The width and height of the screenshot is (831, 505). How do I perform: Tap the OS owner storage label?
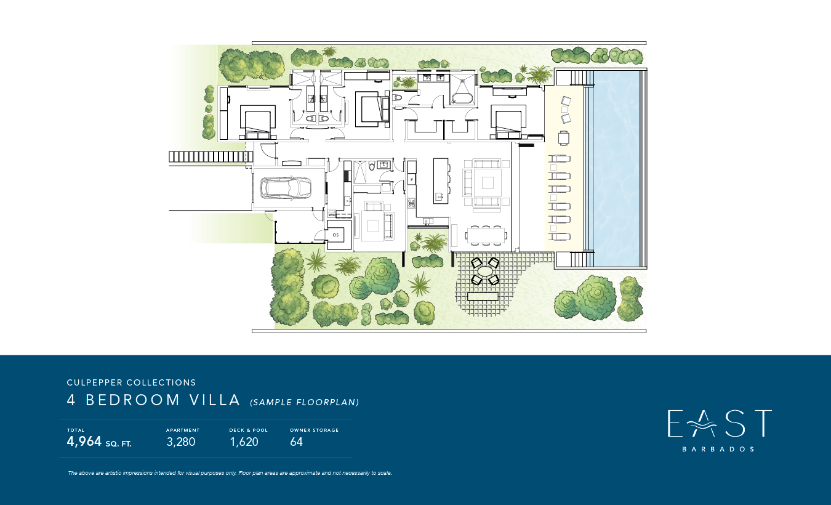tap(335, 235)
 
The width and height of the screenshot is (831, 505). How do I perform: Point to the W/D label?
tap(332, 215)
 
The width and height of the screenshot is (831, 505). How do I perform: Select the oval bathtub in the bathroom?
tap(462, 99)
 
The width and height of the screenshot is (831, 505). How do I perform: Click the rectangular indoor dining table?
tap(485, 235)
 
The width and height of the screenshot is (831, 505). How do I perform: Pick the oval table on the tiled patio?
tap(485, 271)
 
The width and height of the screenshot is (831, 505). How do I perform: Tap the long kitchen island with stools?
tap(441, 180)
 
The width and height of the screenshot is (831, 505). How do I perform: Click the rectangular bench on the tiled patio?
tap(483, 296)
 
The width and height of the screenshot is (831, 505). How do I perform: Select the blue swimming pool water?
tap(616, 169)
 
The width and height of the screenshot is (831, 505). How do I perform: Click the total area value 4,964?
tap(84, 442)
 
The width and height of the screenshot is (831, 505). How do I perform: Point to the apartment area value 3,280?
tap(181, 442)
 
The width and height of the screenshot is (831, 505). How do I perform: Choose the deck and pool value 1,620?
tap(244, 442)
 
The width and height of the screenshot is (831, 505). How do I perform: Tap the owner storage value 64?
tap(297, 442)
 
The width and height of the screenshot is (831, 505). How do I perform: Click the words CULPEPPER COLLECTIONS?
tap(131, 382)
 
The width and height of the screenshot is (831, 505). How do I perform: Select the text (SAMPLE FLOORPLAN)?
tap(305, 402)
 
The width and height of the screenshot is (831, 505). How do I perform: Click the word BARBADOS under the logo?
tap(718, 449)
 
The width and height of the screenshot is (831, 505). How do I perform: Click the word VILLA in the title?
tap(215, 400)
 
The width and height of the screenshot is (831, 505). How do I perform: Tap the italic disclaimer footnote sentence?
tap(230, 473)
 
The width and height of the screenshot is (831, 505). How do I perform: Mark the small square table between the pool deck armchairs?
tap(564, 110)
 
